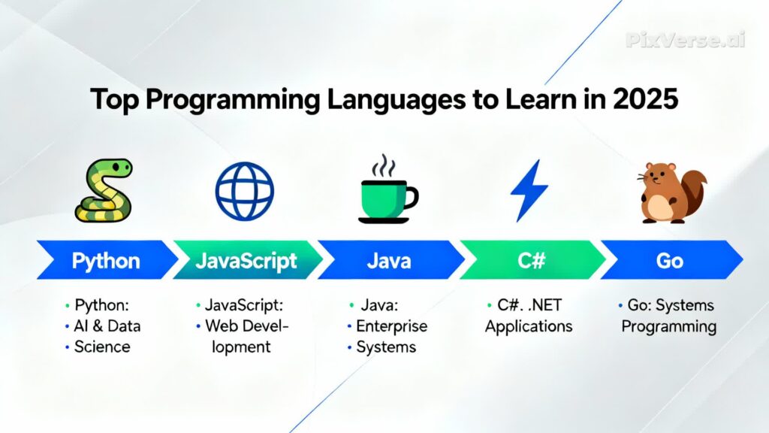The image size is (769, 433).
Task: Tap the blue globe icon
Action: click(245, 191)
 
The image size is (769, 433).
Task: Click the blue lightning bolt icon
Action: click(529, 190)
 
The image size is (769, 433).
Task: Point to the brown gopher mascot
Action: click(671, 193)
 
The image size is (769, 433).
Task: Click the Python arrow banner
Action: click(105, 261)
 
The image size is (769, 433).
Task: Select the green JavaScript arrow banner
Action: click(246, 261)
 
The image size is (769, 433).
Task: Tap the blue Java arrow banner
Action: click(389, 261)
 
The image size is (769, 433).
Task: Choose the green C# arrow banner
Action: click(531, 261)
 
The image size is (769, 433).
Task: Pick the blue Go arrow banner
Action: click(670, 261)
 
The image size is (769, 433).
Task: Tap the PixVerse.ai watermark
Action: click(686, 40)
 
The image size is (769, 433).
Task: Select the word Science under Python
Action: click(102, 347)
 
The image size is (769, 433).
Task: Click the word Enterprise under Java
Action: click(391, 326)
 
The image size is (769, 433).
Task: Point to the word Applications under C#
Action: click(529, 326)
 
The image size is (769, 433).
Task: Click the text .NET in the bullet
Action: click(545, 306)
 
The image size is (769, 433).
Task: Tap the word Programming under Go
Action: click(668, 326)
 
